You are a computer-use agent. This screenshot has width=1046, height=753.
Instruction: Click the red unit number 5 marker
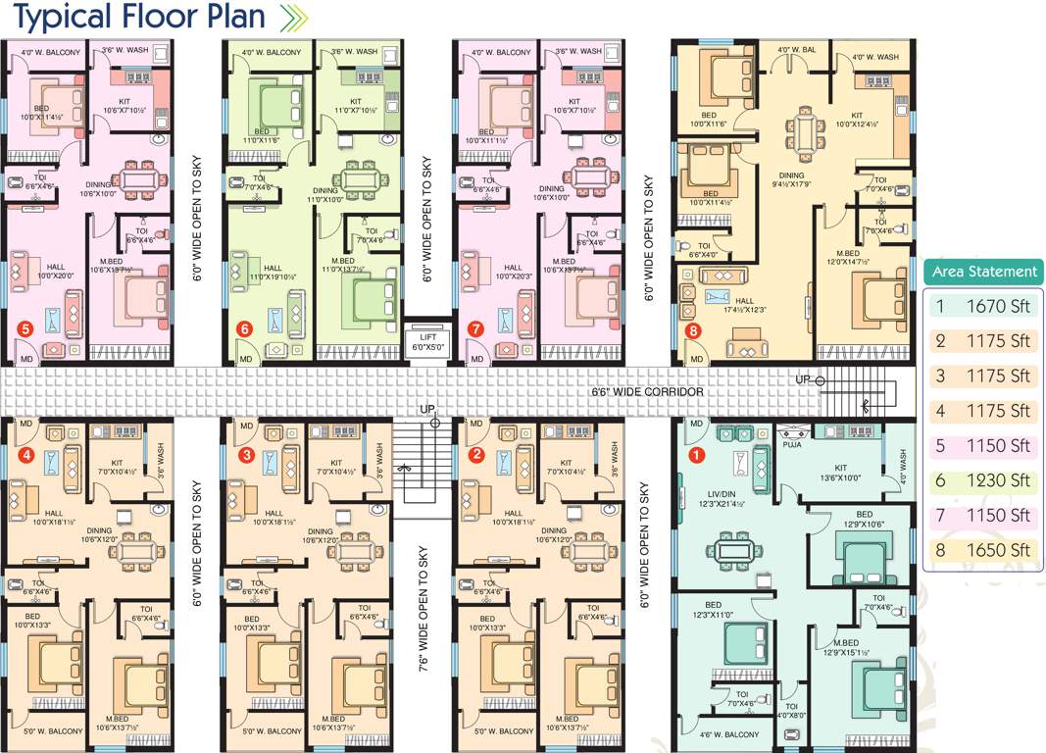click(25, 329)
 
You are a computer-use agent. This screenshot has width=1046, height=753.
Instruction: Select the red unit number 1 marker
click(697, 455)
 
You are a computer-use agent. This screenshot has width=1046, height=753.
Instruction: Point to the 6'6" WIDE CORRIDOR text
click(647, 392)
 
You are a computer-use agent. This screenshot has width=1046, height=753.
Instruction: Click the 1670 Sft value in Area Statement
click(998, 306)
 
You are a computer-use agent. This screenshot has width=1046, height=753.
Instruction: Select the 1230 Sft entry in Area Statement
click(998, 480)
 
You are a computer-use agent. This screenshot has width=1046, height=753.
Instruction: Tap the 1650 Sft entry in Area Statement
click(998, 550)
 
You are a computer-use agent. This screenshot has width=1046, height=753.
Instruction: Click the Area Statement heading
click(983, 272)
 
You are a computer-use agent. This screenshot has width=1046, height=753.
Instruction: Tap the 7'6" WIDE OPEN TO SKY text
click(424, 608)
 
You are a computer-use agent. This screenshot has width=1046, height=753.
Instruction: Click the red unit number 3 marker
click(247, 455)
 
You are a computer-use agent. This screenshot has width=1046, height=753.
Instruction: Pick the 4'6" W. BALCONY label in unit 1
click(728, 734)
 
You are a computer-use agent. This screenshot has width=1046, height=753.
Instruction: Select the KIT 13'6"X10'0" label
click(840, 474)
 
